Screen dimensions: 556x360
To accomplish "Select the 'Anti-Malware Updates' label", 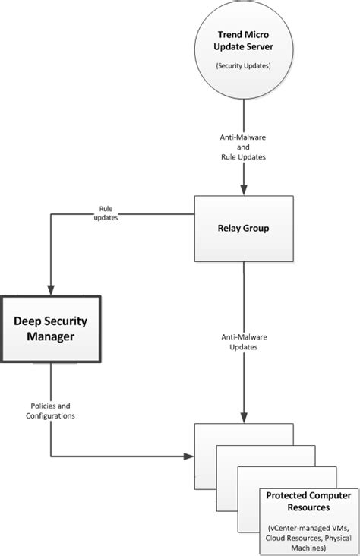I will click(243, 342).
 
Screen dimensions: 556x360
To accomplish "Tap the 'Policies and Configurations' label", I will click(49, 412).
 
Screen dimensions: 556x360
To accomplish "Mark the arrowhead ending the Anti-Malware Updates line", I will click(243, 417).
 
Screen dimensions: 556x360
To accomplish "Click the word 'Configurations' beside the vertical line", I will click(49, 416).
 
